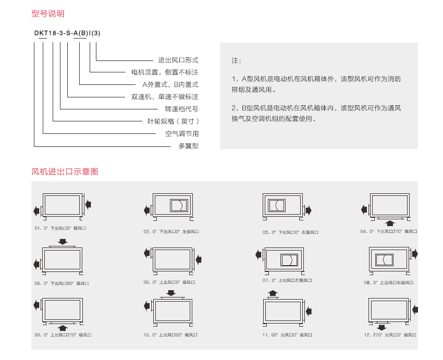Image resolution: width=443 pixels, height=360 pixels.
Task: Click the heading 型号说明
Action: pyautogui.click(x=48, y=14)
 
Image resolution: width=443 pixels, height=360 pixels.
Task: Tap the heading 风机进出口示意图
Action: pyautogui.click(x=65, y=171)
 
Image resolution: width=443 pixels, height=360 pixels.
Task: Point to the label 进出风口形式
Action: pyautogui.click(x=178, y=60)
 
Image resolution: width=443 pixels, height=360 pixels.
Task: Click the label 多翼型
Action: pyautogui.click(x=188, y=146)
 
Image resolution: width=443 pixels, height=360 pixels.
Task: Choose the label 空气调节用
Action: pyautogui.click(x=182, y=134)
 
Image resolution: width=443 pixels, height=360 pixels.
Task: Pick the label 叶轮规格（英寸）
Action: pyautogui.click(x=173, y=121)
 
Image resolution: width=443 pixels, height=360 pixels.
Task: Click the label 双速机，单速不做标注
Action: pyautogui.click(x=165, y=97)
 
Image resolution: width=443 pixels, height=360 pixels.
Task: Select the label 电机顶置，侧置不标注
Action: pyautogui.click(x=165, y=72)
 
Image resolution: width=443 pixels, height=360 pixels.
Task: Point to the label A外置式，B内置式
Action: pyautogui.click(x=170, y=84)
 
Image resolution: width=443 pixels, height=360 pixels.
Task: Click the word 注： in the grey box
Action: pyautogui.click(x=236, y=61)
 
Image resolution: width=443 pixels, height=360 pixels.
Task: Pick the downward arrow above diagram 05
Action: pyautogui.click(x=63, y=241)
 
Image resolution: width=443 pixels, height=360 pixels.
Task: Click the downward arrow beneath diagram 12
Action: pyautogui.click(x=382, y=327)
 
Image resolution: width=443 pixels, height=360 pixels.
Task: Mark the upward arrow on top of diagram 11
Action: pyautogui.click(x=272, y=293)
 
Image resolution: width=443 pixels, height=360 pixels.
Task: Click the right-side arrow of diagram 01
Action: pyautogui.click(x=89, y=203)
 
